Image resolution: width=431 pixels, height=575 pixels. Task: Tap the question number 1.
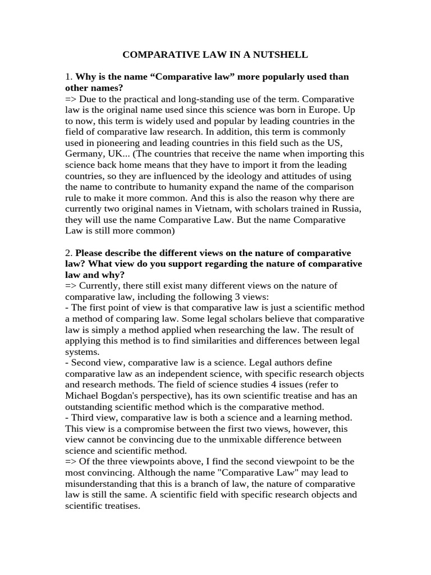[68, 76]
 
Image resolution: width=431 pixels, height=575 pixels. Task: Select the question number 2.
[68, 253]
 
